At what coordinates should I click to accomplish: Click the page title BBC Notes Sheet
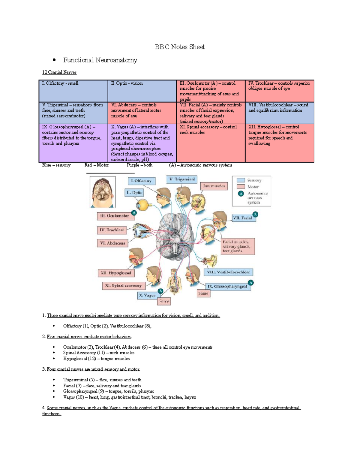[180, 47]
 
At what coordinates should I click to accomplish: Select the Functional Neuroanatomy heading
[100, 60]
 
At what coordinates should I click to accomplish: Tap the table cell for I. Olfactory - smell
[73, 91]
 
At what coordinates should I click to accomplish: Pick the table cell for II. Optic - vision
[142, 91]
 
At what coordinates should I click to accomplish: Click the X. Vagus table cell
[142, 143]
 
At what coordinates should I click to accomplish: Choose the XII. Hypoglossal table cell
[279, 143]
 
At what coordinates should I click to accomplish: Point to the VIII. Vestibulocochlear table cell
[279, 113]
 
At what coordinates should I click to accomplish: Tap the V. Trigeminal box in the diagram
[181, 179]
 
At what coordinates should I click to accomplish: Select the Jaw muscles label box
[214, 186]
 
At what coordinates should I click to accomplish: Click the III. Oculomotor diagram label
[114, 216]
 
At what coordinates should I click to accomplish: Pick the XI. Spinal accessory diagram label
[123, 286]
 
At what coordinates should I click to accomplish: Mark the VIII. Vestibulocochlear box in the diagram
[229, 272]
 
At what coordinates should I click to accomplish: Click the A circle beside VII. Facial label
[255, 214]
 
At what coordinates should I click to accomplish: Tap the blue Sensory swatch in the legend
[241, 180]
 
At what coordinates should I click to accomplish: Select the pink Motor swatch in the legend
[241, 187]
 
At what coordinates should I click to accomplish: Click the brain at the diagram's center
[176, 237]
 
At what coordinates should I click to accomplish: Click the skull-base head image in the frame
[103, 192]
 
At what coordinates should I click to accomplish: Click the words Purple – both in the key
[139, 165]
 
